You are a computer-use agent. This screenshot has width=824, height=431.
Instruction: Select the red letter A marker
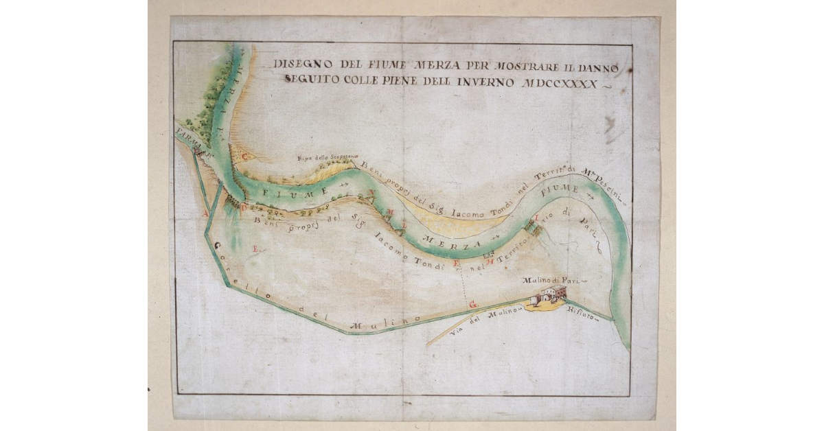(x=204, y=213)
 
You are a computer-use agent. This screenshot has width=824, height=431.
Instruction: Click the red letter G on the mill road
(x=472, y=303)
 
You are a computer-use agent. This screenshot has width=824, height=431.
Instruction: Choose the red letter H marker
(x=490, y=261)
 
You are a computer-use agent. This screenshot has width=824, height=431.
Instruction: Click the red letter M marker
(x=390, y=211)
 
